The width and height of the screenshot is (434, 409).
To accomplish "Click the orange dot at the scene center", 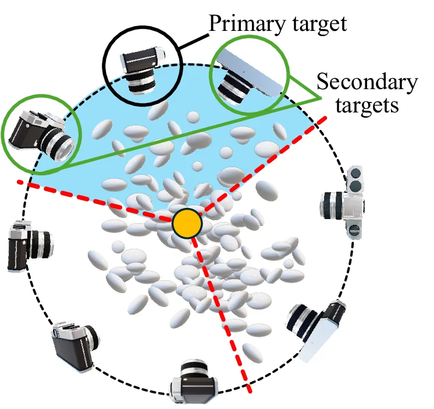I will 187,222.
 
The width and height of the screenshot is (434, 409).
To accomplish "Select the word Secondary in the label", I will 365,84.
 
